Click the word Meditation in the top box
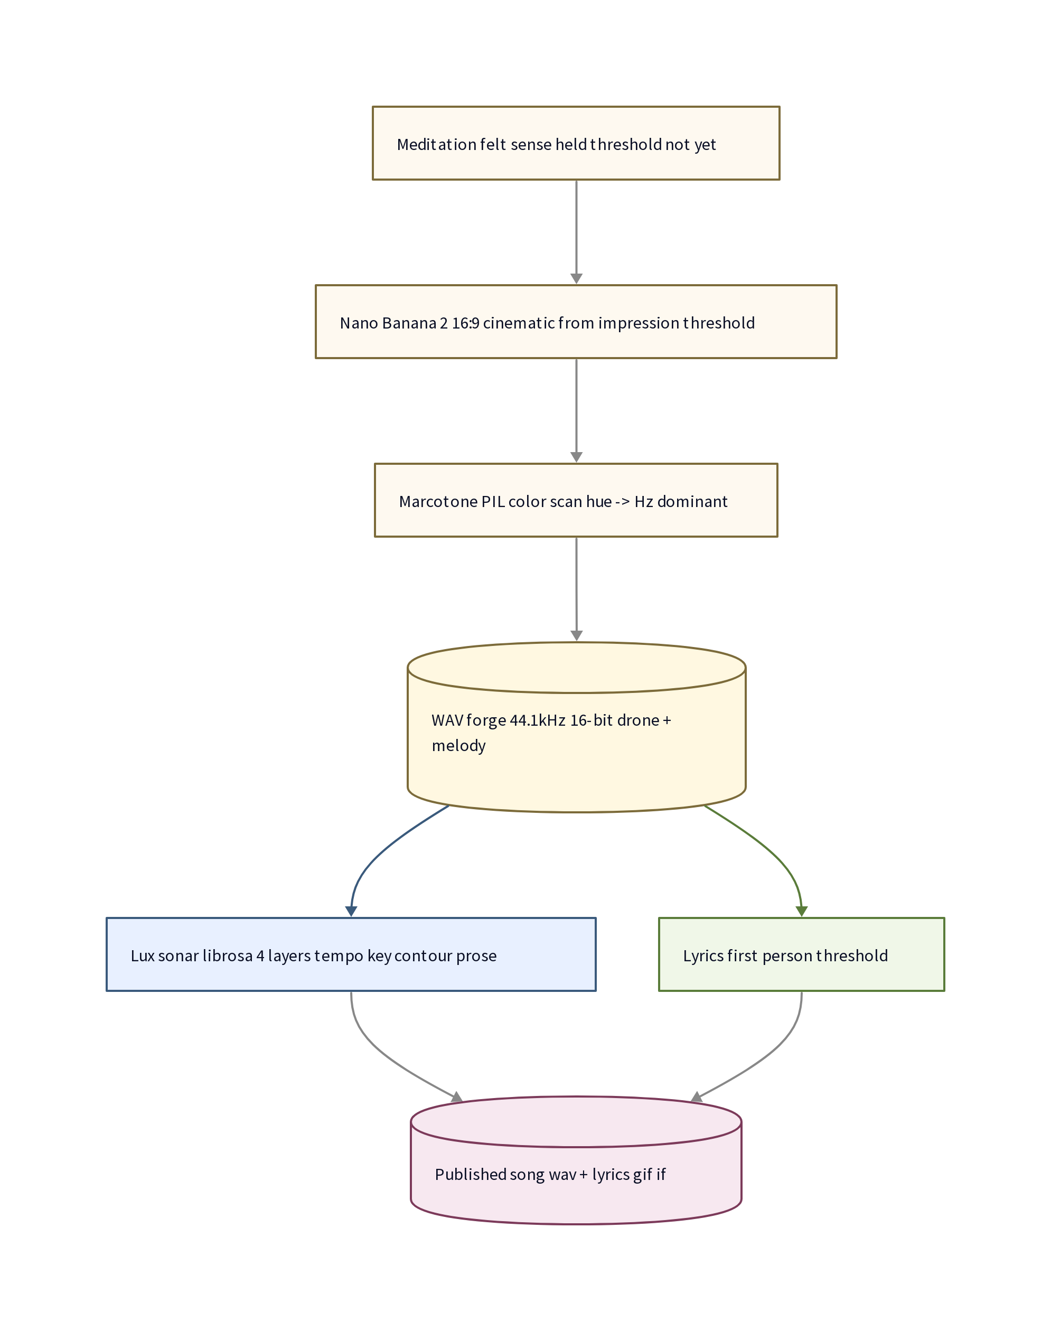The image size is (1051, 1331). tap(436, 144)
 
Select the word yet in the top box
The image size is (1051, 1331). tap(705, 145)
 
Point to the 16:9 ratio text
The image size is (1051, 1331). tap(465, 323)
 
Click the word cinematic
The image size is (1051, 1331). tap(519, 323)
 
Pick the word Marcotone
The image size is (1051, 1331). tap(437, 502)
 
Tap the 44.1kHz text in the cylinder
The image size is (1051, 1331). tap(537, 720)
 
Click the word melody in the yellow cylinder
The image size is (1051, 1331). tap(458, 746)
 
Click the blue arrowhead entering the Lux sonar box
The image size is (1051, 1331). tap(351, 911)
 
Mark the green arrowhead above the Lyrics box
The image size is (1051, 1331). tap(801, 911)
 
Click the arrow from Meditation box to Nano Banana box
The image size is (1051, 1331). tap(577, 232)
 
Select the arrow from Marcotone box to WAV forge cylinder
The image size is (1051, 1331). tap(577, 589)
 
